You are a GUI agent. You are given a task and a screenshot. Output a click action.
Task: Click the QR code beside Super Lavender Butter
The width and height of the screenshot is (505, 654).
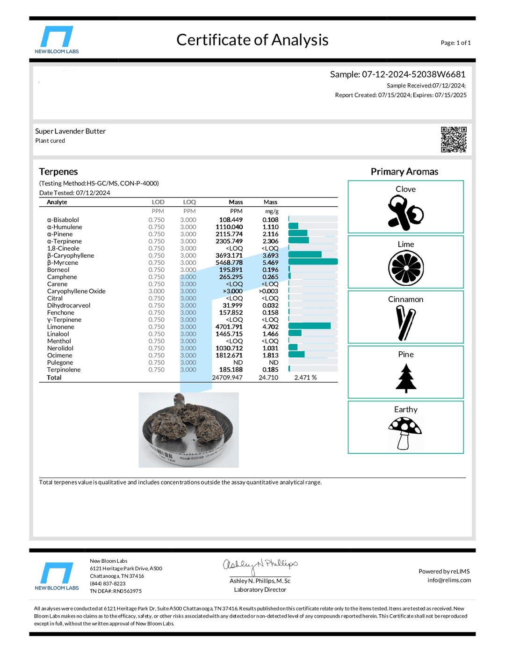[x=454, y=139]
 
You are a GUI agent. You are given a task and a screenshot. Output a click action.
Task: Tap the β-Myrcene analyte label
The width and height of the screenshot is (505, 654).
[x=63, y=263]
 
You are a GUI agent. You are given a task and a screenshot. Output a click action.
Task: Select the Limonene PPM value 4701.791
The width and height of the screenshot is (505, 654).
[x=229, y=327]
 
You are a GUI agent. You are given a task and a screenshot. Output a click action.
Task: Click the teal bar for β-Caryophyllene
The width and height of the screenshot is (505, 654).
[x=305, y=255]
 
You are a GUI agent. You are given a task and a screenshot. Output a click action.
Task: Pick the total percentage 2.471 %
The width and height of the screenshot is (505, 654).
[x=305, y=378]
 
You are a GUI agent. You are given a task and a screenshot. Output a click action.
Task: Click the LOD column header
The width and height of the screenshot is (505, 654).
[x=158, y=202]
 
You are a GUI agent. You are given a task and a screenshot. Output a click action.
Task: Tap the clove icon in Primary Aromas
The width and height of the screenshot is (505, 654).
[x=405, y=213]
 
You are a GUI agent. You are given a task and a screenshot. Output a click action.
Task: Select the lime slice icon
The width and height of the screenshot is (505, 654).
[x=406, y=268]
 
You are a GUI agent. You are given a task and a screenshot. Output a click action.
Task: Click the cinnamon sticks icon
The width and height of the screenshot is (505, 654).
[x=405, y=323]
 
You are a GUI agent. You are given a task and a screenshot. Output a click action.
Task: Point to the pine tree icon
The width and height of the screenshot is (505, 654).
[x=406, y=378]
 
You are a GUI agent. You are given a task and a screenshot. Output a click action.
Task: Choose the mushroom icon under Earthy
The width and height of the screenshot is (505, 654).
[x=405, y=433]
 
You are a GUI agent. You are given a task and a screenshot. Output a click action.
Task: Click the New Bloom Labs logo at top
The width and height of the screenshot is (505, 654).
[x=57, y=40]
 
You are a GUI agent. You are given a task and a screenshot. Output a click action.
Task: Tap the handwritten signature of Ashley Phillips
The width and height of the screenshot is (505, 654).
[x=260, y=566]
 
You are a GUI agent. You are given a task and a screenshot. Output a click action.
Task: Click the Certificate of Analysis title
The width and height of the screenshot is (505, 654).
[x=252, y=40]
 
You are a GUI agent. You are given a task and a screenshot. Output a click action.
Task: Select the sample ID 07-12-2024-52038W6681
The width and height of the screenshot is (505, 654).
[x=413, y=74]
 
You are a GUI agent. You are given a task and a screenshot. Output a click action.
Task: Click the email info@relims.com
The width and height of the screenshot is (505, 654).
[x=449, y=580]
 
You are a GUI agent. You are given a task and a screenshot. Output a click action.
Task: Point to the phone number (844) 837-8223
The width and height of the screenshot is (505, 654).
[x=108, y=583]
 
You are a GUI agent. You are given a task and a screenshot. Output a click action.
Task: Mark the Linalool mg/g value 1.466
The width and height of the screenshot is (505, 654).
[x=270, y=334]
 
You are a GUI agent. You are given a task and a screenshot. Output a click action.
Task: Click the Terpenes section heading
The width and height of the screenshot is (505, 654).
[x=58, y=172]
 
